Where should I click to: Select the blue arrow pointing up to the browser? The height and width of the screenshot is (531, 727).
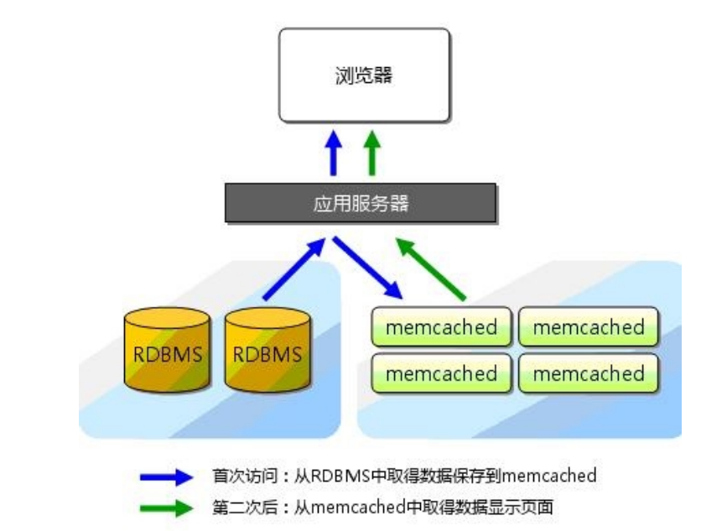click(334, 153)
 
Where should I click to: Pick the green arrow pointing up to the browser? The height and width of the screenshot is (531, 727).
click(372, 153)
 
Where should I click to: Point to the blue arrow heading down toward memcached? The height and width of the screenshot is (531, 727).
click(368, 267)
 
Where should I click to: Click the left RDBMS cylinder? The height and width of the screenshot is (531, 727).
click(167, 352)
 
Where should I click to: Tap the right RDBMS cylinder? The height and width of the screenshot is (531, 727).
click(267, 352)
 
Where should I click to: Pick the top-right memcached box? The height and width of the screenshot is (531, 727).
click(588, 327)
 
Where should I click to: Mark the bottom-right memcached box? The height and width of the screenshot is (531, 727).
click(588, 374)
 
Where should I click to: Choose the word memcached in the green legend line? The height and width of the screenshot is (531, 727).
click(350, 507)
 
